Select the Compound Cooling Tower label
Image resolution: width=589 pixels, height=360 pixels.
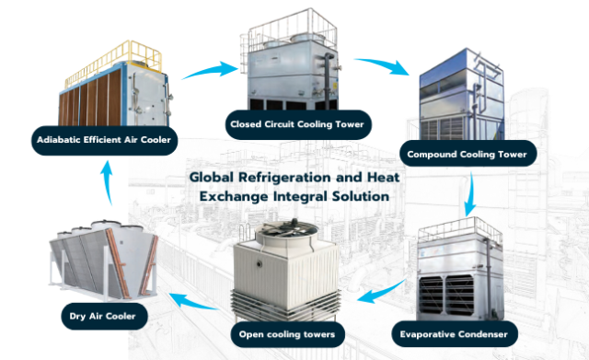tap(467, 155)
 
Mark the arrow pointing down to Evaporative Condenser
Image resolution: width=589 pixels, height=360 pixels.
tap(471, 195)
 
